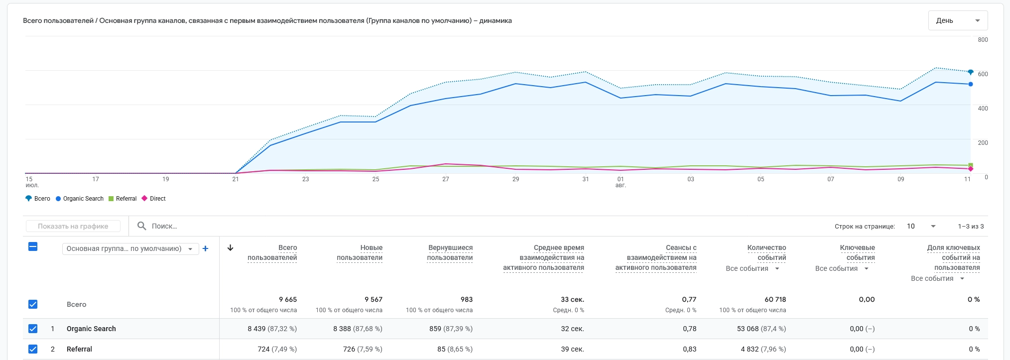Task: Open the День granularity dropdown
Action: click(x=958, y=20)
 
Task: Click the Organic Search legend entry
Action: click(x=80, y=199)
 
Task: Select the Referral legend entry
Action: click(x=123, y=199)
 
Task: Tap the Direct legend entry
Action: click(x=154, y=199)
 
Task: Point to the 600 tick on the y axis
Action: click(x=983, y=74)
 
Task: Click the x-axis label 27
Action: click(x=446, y=179)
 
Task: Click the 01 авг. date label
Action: click(x=621, y=182)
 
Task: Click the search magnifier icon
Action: click(x=142, y=226)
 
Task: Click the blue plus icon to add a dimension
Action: click(x=205, y=248)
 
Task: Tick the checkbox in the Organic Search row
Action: click(x=33, y=329)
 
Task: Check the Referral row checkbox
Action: click(x=33, y=349)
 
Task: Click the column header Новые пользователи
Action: click(x=360, y=252)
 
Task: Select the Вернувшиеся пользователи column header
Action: click(x=450, y=252)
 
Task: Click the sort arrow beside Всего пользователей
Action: click(x=230, y=247)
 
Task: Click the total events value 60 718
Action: click(x=775, y=299)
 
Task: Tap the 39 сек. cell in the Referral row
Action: click(x=572, y=349)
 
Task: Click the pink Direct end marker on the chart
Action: click(x=971, y=169)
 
